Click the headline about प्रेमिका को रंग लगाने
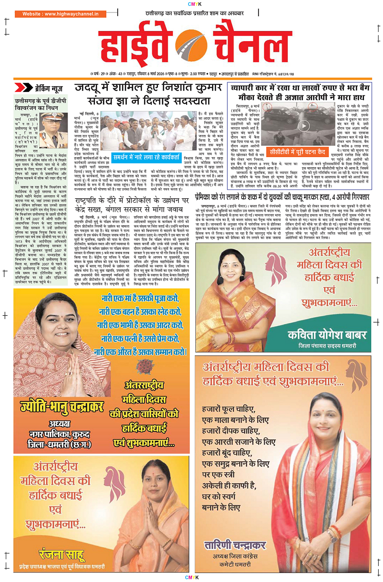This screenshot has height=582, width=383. point(289,196)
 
